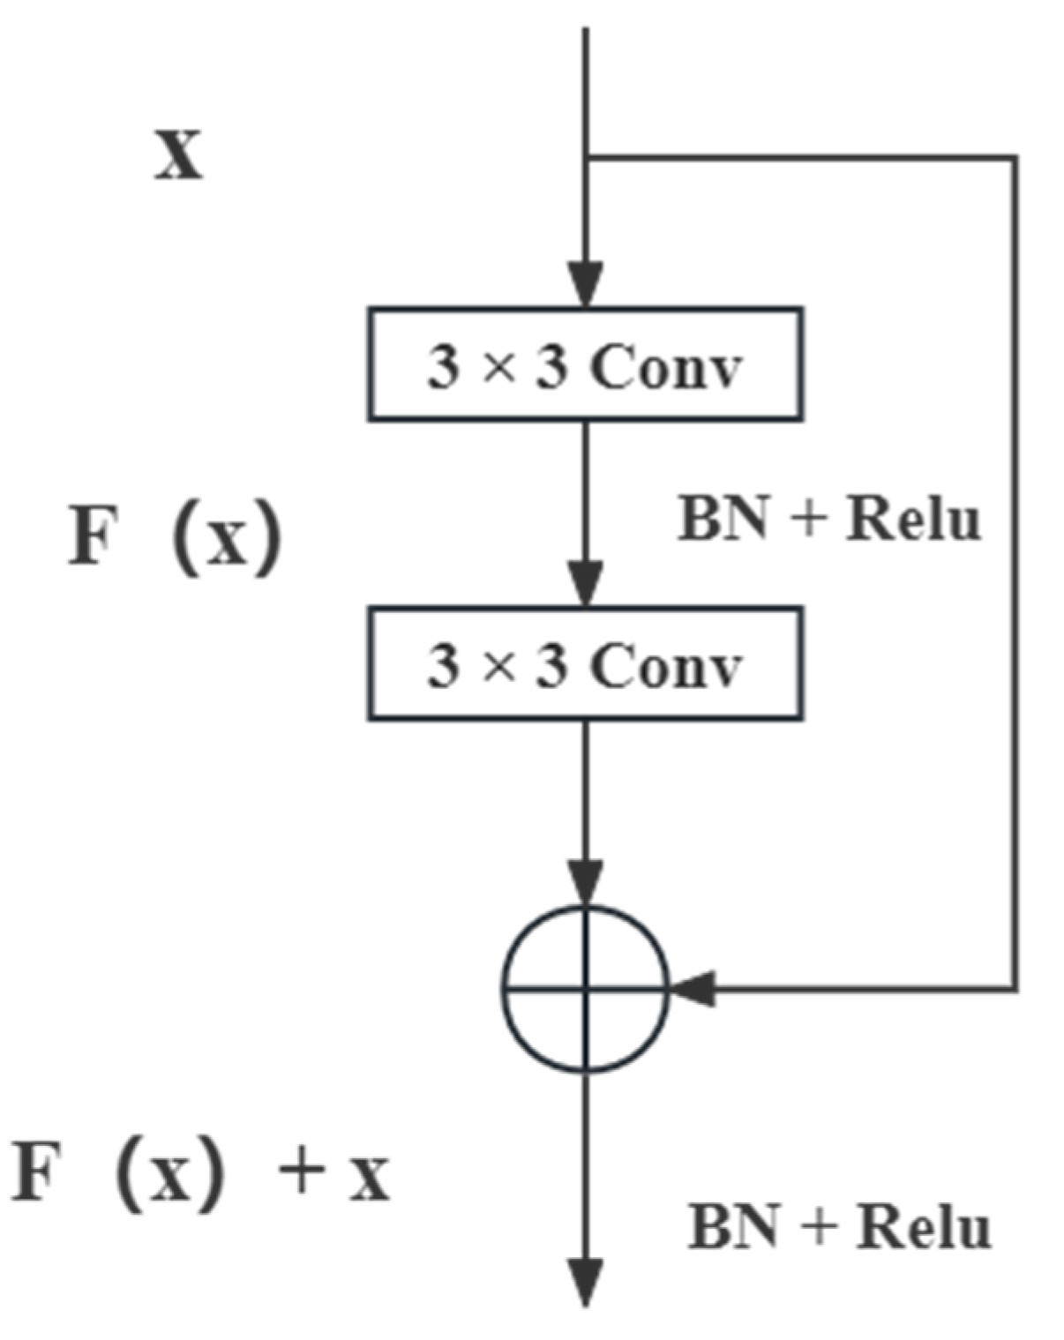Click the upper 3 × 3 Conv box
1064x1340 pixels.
(x=585, y=364)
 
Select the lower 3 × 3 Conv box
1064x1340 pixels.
(x=585, y=663)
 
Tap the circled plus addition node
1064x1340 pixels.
(x=586, y=989)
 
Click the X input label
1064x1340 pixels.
(x=179, y=156)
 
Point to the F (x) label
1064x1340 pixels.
(x=175, y=535)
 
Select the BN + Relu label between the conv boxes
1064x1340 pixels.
(x=828, y=519)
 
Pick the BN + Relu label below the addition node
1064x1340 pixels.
(x=839, y=1226)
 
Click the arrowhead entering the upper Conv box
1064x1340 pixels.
(x=586, y=284)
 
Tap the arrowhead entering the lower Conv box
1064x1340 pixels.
(x=586, y=584)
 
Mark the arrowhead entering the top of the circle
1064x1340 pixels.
(x=586, y=883)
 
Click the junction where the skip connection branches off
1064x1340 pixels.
(x=587, y=158)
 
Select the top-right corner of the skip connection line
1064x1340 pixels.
(x=1015, y=159)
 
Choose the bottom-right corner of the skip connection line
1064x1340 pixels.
(x=1015, y=988)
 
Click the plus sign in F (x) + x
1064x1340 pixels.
(x=301, y=1173)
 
